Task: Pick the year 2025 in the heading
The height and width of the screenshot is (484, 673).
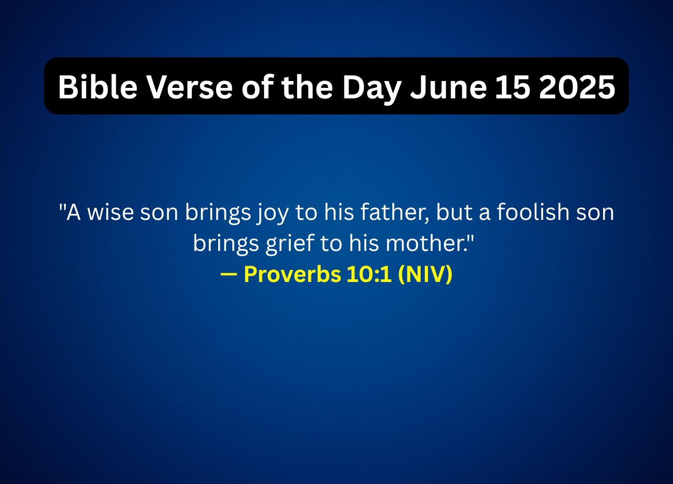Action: [577, 87]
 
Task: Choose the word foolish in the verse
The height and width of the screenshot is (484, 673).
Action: [533, 213]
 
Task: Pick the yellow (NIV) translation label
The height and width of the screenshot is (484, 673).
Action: [425, 275]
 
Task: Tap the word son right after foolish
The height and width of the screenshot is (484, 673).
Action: [595, 213]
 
